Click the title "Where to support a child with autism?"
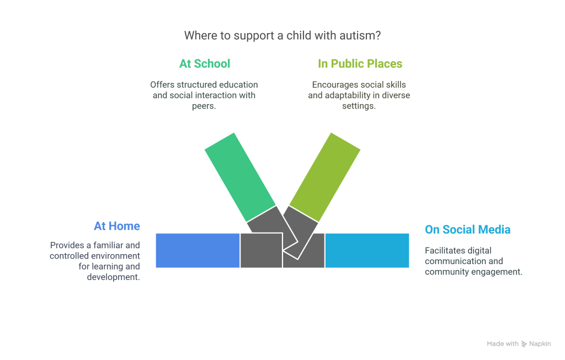pyautogui.click(x=282, y=36)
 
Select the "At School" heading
pyautogui.click(x=204, y=63)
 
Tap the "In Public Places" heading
pyautogui.click(x=360, y=63)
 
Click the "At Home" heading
pyautogui.click(x=116, y=226)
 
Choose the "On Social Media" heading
pyautogui.click(x=467, y=229)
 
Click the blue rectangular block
pyautogui.click(x=197, y=250)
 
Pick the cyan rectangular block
pyautogui.click(x=367, y=250)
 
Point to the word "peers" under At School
pyautogui.click(x=204, y=106)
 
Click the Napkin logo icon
pyautogui.click(x=524, y=343)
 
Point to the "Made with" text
pyautogui.click(x=502, y=343)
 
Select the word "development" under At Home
pyautogui.click(x=113, y=277)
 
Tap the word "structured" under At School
pyautogui.click(x=193, y=85)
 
